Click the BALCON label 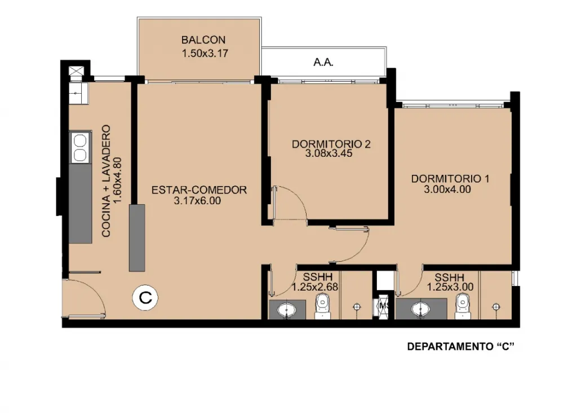tap(203, 40)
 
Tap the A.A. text tap(323, 63)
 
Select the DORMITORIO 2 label tap(331, 144)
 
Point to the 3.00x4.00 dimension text tap(447, 190)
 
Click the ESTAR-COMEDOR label tap(199, 190)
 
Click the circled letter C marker tap(145, 297)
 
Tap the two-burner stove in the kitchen tap(80, 147)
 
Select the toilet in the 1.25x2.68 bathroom tap(323, 306)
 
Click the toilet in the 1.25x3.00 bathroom tap(463, 306)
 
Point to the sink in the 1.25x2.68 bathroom tap(287, 310)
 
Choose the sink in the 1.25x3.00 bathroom tap(420, 310)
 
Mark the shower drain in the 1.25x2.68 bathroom tap(356, 306)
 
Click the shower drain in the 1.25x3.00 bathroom tap(496, 306)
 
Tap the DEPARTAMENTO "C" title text tap(460, 346)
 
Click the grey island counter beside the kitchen tap(137, 238)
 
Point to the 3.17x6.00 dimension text tap(197, 201)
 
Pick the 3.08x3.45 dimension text tap(329, 153)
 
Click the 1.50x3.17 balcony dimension tap(205, 54)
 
